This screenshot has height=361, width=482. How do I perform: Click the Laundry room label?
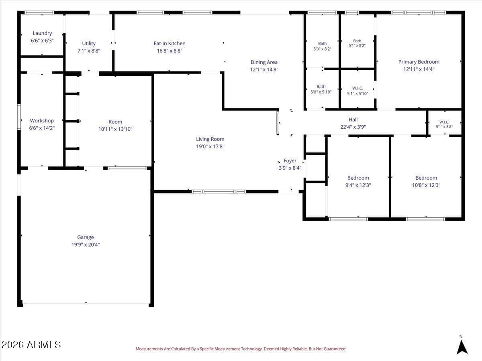point(43,33)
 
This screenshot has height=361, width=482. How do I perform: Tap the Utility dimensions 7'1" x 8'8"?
point(89,51)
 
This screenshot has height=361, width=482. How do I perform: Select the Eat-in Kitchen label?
point(170,43)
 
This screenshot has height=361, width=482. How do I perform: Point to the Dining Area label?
point(264,62)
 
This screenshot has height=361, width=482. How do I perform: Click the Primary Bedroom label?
point(419,62)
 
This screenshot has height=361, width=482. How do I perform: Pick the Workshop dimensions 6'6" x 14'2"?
point(42,128)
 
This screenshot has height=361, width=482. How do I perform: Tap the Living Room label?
point(210,139)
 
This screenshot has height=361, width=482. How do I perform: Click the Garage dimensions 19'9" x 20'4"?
point(86,245)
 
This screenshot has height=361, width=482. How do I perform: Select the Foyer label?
point(290,161)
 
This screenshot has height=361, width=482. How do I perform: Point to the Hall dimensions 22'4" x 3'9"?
point(353,127)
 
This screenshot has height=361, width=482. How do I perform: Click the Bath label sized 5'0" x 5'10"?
point(321,87)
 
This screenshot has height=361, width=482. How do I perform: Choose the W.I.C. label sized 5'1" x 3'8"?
point(444,122)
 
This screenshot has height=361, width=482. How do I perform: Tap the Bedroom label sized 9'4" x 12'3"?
point(358,178)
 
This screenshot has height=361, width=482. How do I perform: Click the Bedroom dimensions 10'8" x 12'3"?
point(426,185)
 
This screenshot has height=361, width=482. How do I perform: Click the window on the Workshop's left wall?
point(19,117)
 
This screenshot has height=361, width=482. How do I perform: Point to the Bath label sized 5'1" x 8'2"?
point(357,41)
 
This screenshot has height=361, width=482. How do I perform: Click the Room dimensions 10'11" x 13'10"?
point(115,129)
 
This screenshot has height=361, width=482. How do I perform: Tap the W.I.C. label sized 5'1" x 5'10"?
point(357,88)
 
